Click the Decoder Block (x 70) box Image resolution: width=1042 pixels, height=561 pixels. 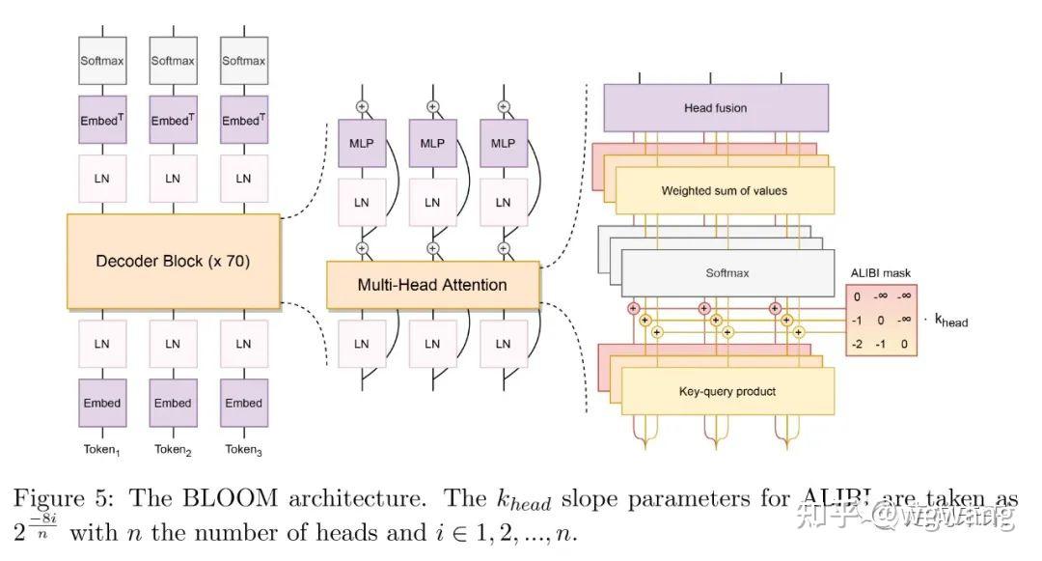pyautogui.click(x=174, y=261)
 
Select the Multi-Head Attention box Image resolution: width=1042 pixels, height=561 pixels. pyautogui.click(x=432, y=285)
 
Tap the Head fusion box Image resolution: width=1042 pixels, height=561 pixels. pyautogui.click(x=716, y=108)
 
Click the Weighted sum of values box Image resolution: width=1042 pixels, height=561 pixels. pyautogui.click(x=724, y=190)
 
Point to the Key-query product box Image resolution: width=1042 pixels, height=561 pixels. pyautogui.click(x=727, y=391)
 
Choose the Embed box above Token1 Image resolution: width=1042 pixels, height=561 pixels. pyautogui.click(x=102, y=403)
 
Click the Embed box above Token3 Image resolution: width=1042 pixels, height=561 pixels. pyautogui.click(x=243, y=403)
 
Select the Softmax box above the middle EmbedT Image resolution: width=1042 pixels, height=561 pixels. pyautogui.click(x=173, y=61)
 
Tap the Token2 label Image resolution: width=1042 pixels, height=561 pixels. pyautogui.click(x=173, y=449)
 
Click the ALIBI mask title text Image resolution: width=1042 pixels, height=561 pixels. pyautogui.click(x=880, y=273)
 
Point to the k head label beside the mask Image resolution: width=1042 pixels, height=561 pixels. pyautogui.click(x=950, y=320)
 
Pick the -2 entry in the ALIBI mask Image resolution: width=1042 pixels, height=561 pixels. pyautogui.click(x=857, y=343)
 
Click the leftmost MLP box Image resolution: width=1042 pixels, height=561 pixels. pyautogui.click(x=362, y=143)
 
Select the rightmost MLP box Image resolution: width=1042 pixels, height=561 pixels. pyautogui.click(x=503, y=143)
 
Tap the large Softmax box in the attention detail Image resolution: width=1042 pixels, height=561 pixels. pyautogui.click(x=727, y=273)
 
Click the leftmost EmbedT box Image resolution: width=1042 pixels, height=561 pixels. pyautogui.click(x=102, y=121)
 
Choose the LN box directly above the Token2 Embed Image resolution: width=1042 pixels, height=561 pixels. pyautogui.click(x=173, y=343)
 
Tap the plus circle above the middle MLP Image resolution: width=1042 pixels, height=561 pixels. pyautogui.click(x=432, y=105)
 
